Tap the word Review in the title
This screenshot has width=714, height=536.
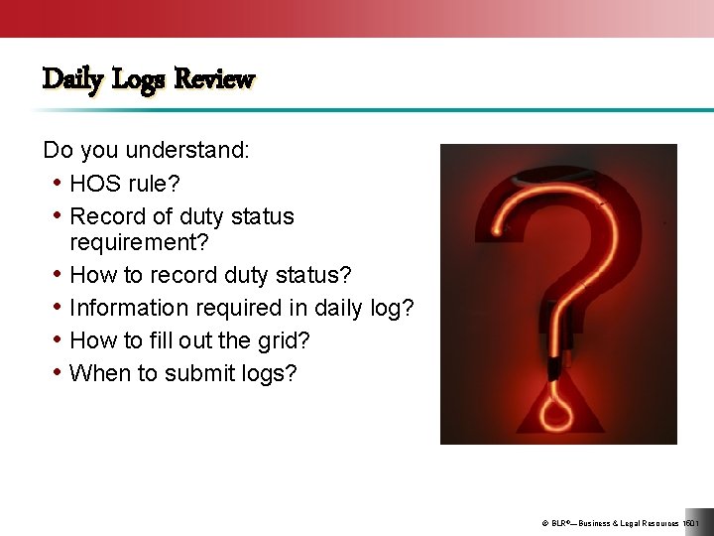(x=214, y=78)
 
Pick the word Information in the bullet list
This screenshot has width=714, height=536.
(x=130, y=308)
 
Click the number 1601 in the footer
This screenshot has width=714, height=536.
(x=691, y=522)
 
